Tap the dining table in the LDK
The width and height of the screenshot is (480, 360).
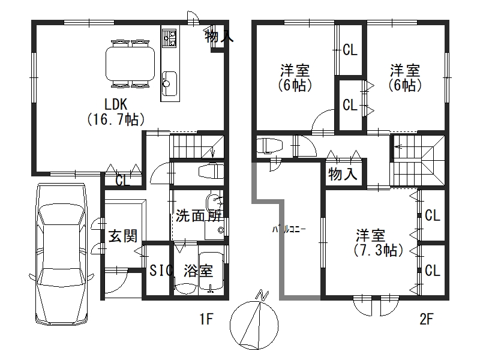click(130, 64)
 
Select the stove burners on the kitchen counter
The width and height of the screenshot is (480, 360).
click(169, 38)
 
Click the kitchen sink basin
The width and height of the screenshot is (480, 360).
click(169, 83)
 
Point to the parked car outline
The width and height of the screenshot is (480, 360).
click(62, 254)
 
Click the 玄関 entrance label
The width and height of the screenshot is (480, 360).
click(123, 236)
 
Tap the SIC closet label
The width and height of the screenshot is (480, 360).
click(159, 271)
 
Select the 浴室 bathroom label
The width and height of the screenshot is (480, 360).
click(199, 271)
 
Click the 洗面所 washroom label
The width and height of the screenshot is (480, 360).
click(199, 216)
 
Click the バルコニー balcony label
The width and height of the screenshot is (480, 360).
click(289, 230)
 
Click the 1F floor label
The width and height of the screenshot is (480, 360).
click(206, 319)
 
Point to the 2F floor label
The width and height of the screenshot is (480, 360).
click(427, 319)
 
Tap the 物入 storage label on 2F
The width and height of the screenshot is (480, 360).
click(343, 175)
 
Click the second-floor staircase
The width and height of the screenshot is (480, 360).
click(418, 160)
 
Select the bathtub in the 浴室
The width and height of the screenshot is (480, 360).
click(211, 271)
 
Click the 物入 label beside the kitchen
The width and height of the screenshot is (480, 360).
click(220, 37)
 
